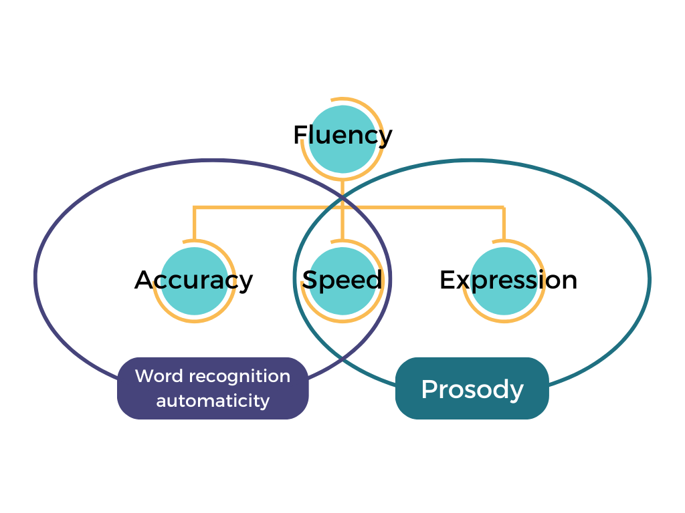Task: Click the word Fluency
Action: click(x=342, y=135)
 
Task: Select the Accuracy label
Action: click(x=194, y=280)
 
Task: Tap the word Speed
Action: click(x=342, y=279)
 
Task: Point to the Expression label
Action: click(x=508, y=280)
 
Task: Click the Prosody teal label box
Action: click(x=472, y=389)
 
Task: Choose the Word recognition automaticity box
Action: click(x=213, y=388)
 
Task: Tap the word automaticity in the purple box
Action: click(x=213, y=401)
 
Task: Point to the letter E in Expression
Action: click(x=447, y=279)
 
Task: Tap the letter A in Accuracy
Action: click(x=144, y=279)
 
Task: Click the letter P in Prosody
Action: click(x=428, y=389)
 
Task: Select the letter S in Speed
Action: click(x=310, y=279)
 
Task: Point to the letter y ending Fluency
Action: click(x=385, y=138)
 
